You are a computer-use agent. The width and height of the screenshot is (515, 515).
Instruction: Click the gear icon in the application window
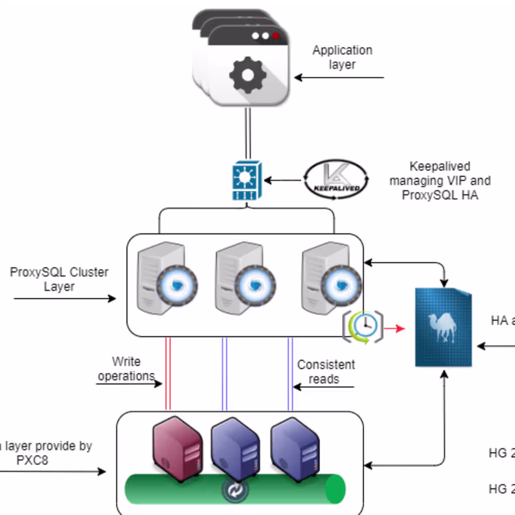tap(248, 75)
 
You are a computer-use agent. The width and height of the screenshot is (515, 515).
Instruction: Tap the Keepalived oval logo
tap(336, 180)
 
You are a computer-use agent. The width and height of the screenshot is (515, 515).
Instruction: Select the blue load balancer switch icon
tap(247, 180)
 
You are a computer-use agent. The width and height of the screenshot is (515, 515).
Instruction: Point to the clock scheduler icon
tap(364, 327)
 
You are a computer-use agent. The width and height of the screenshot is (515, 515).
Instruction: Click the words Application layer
tap(342, 57)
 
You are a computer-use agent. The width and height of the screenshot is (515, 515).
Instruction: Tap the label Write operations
tap(126, 369)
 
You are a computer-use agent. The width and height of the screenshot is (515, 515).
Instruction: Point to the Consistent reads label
tap(325, 372)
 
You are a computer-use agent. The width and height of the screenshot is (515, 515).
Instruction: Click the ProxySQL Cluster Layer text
tap(59, 279)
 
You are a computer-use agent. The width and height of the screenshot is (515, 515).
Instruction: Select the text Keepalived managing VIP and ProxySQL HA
tap(439, 181)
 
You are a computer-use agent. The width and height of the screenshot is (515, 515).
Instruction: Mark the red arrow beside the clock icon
tap(396, 328)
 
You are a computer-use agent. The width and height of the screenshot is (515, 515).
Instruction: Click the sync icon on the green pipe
tap(235, 490)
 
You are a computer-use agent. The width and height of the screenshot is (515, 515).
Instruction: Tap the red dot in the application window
tap(276, 36)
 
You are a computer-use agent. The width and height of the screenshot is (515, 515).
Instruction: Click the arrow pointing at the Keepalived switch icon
tap(282, 180)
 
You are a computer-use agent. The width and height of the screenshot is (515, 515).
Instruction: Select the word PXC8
tap(32, 460)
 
